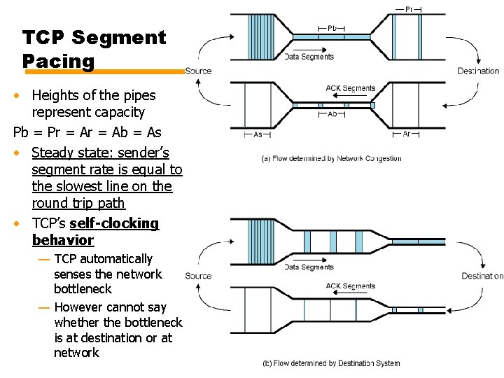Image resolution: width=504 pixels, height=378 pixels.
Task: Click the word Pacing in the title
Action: click(58, 61)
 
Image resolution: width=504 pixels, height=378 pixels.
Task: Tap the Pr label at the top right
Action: click(409, 9)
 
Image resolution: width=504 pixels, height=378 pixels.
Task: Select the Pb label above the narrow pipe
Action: click(332, 28)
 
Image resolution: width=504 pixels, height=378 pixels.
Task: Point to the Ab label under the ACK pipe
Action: click(332, 113)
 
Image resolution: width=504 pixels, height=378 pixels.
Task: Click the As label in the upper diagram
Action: click(258, 134)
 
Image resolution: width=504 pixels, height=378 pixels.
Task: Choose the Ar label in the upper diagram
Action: click(407, 134)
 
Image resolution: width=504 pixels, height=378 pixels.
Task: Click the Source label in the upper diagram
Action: click(198, 71)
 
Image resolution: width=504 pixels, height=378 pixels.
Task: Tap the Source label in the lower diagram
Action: click(198, 276)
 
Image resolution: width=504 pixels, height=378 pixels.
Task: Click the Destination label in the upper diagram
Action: click(478, 71)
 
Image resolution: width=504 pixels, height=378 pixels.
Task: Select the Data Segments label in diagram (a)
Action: click(309, 57)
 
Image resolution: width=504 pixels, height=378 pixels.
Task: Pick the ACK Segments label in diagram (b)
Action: click(350, 286)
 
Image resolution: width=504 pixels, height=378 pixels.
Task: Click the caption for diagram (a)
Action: click(331, 158)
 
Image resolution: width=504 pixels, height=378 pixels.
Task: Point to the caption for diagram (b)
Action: click(331, 363)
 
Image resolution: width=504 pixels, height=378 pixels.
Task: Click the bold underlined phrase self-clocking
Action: click(114, 223)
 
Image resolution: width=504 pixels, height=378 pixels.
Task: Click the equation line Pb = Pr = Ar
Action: click(87, 132)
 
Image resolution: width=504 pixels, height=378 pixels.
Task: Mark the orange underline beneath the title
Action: click(104, 71)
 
